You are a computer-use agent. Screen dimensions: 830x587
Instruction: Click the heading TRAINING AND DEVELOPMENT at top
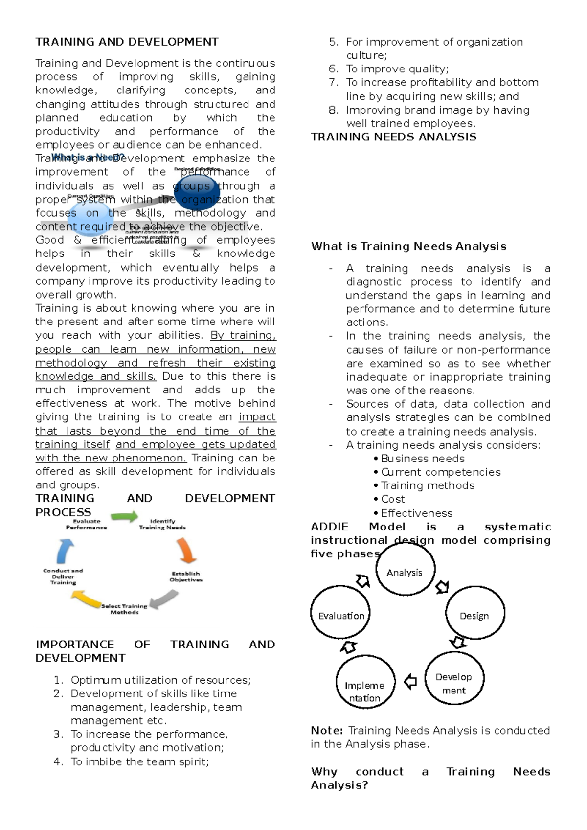(127, 42)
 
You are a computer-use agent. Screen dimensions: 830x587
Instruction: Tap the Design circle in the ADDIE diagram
(474, 613)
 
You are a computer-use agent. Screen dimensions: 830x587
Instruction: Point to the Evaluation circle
(341, 613)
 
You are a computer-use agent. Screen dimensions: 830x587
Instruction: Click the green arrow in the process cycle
(124, 516)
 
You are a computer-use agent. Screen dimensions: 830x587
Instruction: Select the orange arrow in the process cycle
(186, 550)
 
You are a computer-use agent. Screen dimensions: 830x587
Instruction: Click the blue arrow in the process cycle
(65, 550)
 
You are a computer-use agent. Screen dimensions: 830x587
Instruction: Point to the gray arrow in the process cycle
(164, 599)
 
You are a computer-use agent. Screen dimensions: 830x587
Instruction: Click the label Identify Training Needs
(162, 524)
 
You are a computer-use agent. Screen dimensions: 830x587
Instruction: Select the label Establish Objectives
(186, 576)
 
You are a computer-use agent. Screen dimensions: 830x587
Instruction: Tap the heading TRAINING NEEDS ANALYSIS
(394, 137)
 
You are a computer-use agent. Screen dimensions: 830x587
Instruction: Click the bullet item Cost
(392, 499)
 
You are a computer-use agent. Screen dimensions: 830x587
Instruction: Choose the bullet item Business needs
(422, 459)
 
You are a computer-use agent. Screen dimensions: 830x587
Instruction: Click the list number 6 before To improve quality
(333, 69)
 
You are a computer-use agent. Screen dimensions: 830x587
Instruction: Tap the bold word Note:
(327, 730)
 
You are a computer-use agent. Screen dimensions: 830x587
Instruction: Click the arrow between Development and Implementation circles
(410, 681)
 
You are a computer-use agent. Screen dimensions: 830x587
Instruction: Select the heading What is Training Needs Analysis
(408, 246)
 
